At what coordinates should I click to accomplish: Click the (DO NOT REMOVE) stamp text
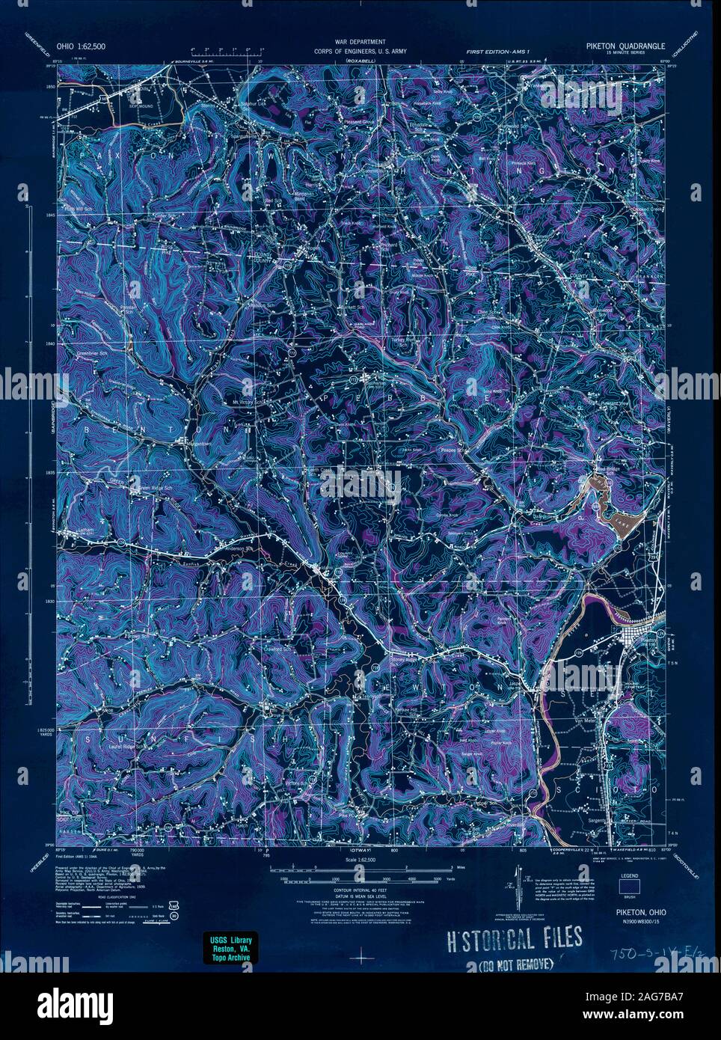pyautogui.click(x=515, y=962)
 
